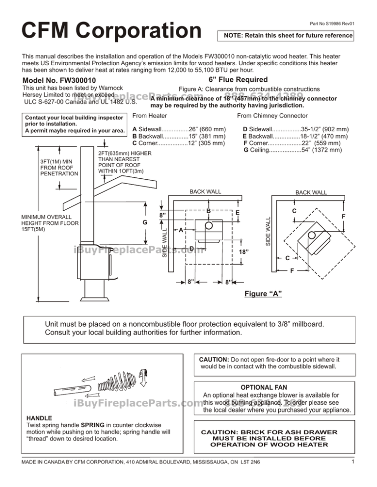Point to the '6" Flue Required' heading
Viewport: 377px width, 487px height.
tap(238, 79)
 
